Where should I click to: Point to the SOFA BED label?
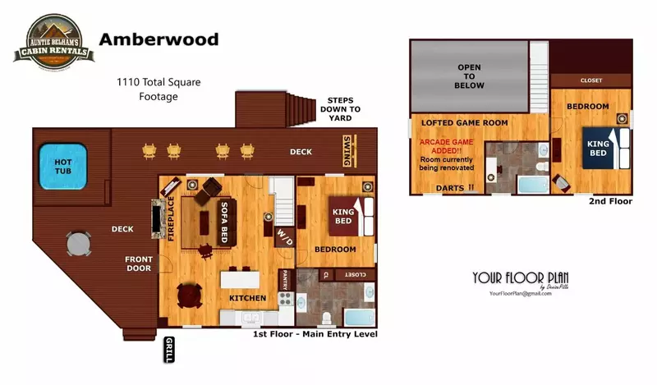(223, 222)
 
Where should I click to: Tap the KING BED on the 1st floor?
(343, 217)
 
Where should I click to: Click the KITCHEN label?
(246, 297)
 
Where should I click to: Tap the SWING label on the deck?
(348, 151)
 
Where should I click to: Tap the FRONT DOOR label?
(138, 264)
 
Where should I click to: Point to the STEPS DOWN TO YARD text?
(342, 108)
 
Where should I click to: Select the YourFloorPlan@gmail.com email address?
(520, 293)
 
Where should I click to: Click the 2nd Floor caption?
(610, 201)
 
